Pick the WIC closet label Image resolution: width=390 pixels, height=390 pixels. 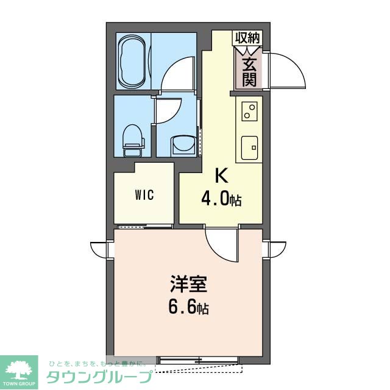click(x=144, y=196)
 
